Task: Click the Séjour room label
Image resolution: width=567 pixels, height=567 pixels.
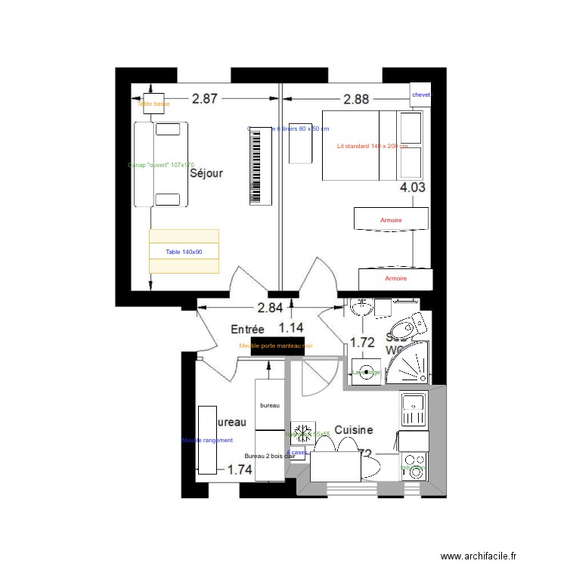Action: (206, 174)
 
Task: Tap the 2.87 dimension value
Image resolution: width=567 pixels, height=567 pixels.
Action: (204, 98)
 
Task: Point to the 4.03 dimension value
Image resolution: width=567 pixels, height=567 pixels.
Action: (413, 188)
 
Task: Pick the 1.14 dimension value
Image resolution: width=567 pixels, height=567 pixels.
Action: (291, 327)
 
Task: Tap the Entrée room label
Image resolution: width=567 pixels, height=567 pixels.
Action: (247, 330)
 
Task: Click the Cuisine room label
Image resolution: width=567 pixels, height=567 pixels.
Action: (354, 429)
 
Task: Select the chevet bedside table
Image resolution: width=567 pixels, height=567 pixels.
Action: (420, 95)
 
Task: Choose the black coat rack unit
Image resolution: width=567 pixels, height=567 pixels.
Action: (276, 346)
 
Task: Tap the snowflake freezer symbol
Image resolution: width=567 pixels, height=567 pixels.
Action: (302, 433)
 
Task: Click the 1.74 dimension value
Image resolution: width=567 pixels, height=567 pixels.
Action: (240, 469)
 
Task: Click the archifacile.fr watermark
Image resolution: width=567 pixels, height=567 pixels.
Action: (478, 556)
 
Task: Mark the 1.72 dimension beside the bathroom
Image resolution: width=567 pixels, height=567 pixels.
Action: (362, 342)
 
